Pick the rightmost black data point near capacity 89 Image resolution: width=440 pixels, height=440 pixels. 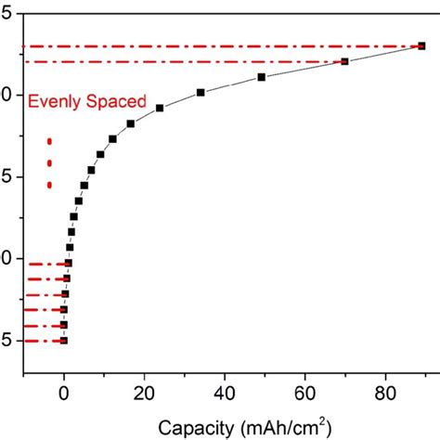[422, 45]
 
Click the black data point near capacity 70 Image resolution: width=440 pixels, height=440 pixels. [344, 61]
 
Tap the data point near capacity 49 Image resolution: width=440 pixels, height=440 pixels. [261, 77]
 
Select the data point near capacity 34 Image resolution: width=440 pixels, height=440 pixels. [201, 92]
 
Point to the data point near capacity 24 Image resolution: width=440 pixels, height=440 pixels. [160, 109]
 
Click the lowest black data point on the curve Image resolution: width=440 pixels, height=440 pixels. [64, 341]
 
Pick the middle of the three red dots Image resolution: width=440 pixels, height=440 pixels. [49, 163]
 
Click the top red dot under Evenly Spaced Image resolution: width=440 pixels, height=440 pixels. [49, 141]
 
